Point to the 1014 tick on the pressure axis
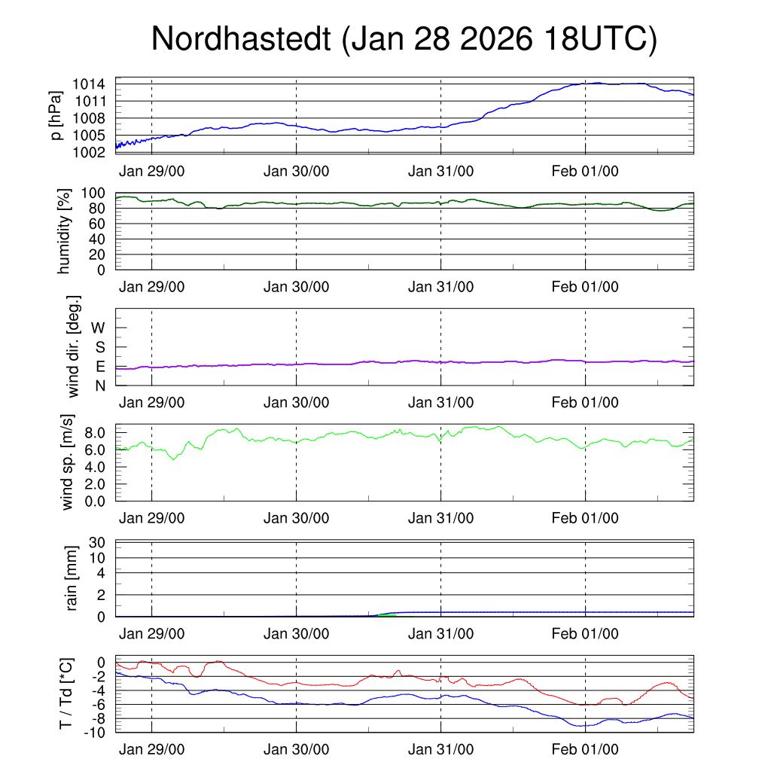[x=89, y=84]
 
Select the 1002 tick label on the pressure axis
[x=89, y=153]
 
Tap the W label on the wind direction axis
[x=99, y=328]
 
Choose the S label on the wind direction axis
[x=100, y=348]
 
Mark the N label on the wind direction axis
[x=100, y=385]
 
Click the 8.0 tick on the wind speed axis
[x=95, y=433]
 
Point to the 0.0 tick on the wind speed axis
[x=95, y=501]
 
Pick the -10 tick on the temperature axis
[x=95, y=733]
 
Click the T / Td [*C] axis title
[x=66, y=693]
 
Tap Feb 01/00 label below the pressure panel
[x=585, y=171]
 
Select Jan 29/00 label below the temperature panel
[x=152, y=749]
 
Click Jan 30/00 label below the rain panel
[x=296, y=634]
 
